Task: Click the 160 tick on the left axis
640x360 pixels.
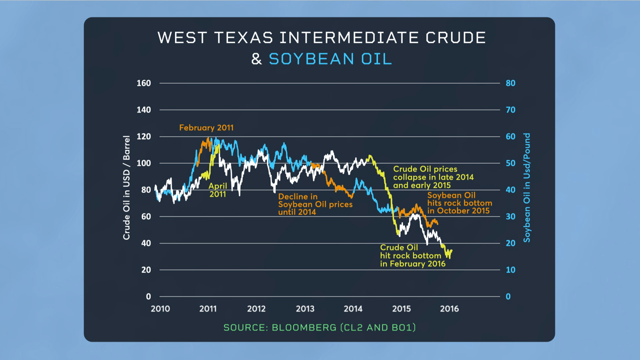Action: [x=143, y=83]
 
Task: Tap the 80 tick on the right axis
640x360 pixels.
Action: [x=510, y=83]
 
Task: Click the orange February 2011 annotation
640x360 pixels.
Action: [x=206, y=127]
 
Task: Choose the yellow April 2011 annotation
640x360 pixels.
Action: [x=217, y=190]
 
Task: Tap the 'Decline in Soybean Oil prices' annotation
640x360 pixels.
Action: [x=315, y=204]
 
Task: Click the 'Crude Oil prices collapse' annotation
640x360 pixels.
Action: [x=433, y=177]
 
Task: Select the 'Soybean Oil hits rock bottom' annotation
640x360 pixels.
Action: [x=459, y=203]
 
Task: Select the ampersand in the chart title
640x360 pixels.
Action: [x=256, y=59]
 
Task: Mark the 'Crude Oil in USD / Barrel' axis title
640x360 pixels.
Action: [x=126, y=187]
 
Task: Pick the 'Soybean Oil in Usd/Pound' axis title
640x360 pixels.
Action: [x=526, y=187]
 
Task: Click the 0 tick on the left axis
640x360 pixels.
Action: [x=148, y=296]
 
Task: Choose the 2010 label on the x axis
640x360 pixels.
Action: [x=160, y=308]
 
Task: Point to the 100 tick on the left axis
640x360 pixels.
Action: [x=143, y=163]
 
